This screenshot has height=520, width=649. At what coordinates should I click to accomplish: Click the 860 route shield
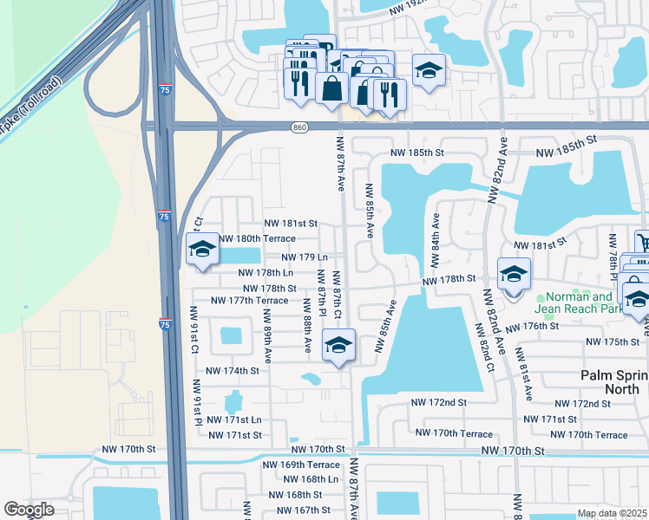[300, 127]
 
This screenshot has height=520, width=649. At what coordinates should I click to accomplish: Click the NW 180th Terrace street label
[257, 238]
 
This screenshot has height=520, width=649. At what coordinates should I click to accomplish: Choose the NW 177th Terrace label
[250, 301]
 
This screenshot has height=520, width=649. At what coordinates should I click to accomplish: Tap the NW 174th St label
[230, 371]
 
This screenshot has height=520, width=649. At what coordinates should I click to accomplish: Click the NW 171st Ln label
[232, 419]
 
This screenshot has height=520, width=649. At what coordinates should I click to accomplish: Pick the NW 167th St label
[294, 510]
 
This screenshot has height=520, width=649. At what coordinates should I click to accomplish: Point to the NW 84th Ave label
[435, 240]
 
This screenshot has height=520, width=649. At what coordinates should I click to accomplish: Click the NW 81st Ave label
[524, 374]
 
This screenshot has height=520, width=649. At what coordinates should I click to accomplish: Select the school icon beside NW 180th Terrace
[202, 250]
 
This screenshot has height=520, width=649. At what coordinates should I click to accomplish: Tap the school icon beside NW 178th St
[513, 275]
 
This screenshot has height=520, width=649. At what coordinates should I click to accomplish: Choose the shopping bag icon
[331, 87]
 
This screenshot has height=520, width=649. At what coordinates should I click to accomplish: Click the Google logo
[29, 510]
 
